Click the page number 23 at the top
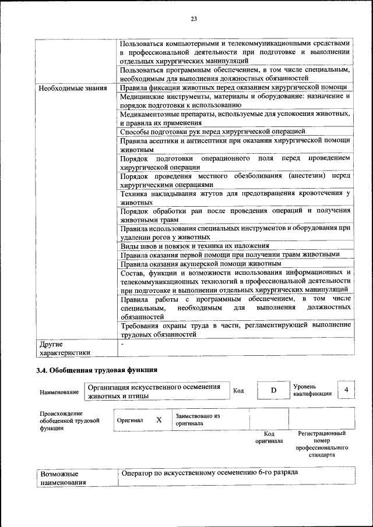click(x=193, y=19)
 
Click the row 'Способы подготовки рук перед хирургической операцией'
click(x=212, y=131)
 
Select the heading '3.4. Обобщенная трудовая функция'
click(x=97, y=370)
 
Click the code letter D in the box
click(x=273, y=390)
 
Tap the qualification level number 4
click(x=347, y=390)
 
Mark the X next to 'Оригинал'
click(x=159, y=419)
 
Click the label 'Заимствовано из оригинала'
click(x=198, y=420)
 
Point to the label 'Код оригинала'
click(x=269, y=437)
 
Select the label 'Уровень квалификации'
click(x=312, y=390)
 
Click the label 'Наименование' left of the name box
click(x=59, y=392)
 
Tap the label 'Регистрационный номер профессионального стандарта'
click(x=322, y=444)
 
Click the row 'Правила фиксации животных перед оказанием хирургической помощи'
click(x=233, y=88)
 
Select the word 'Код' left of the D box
click(x=238, y=390)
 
